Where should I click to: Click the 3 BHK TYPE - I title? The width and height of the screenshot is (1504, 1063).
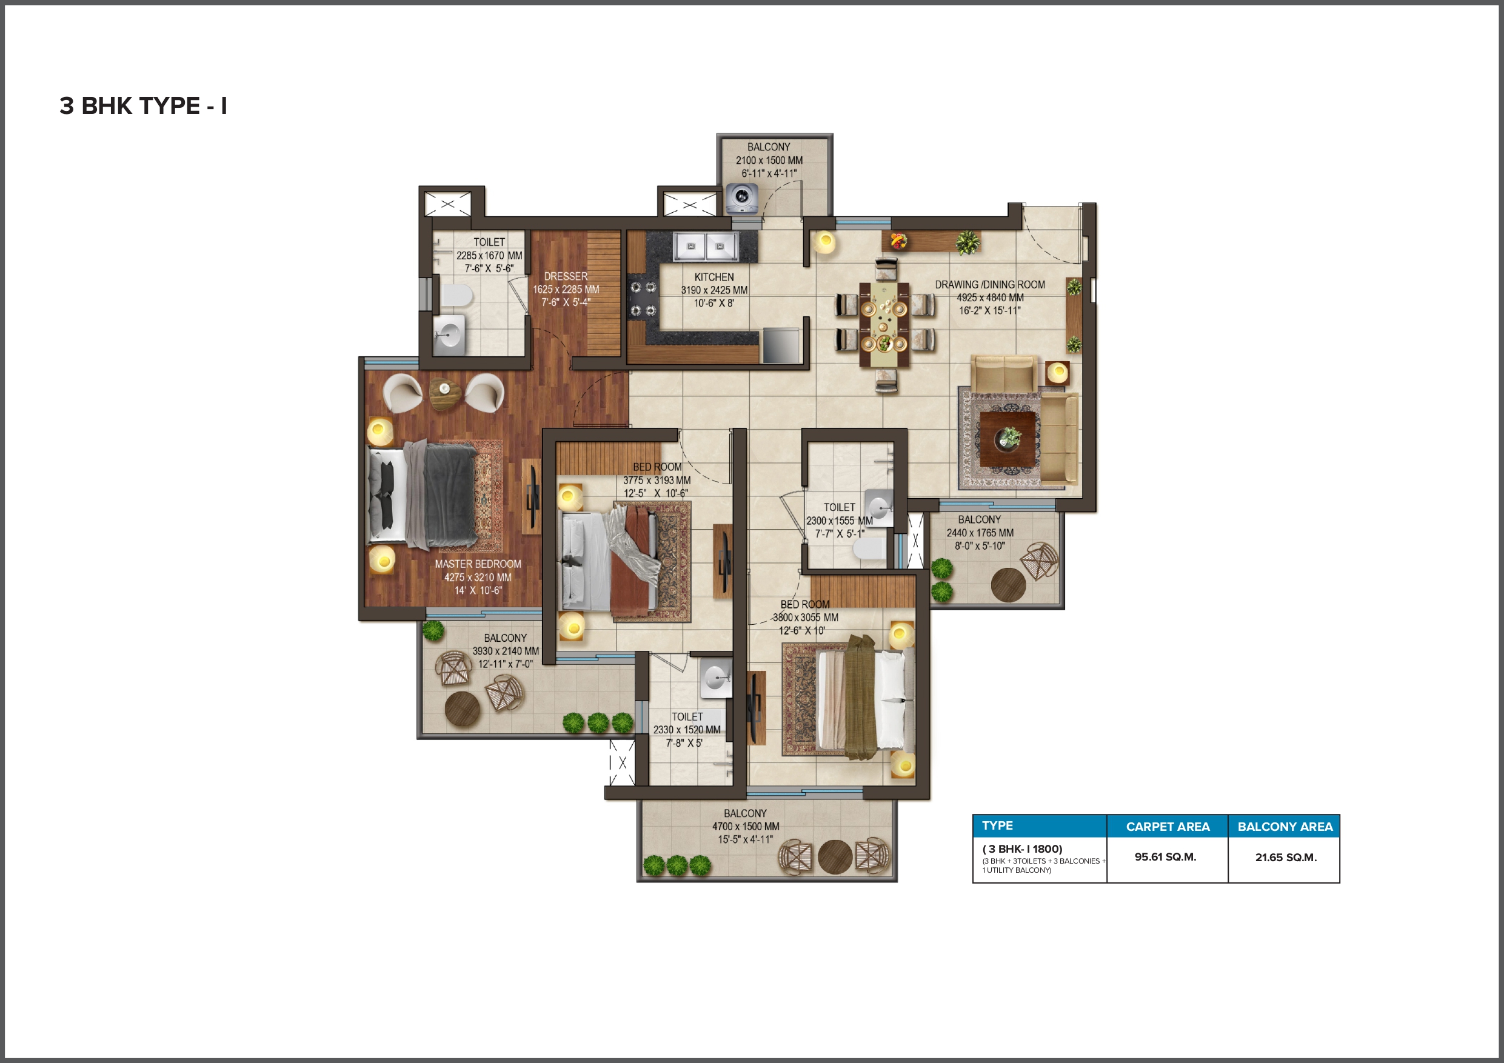tap(144, 105)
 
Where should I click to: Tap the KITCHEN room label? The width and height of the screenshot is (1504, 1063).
tap(714, 277)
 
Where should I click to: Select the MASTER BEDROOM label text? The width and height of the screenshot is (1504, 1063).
tap(478, 564)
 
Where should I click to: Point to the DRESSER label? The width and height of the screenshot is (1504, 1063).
tap(566, 276)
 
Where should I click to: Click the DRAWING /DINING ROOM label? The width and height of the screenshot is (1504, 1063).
tap(990, 284)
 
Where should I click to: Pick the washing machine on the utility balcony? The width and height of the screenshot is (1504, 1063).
tap(742, 198)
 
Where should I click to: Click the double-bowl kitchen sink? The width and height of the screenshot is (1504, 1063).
tap(706, 247)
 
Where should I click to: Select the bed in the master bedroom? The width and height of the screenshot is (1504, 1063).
tap(423, 495)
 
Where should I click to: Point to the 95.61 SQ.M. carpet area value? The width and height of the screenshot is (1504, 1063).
tap(1165, 857)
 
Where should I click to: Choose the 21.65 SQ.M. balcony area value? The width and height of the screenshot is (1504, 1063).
tap(1286, 858)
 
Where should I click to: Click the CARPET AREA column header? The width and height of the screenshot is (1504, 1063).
tap(1168, 827)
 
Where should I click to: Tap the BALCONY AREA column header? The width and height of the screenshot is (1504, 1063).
tap(1285, 827)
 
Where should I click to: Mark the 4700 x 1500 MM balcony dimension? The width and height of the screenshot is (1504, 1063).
tap(746, 827)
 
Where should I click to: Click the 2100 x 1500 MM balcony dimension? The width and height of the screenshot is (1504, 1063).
tap(769, 161)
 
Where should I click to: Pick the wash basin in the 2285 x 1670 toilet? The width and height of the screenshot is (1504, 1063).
tap(449, 335)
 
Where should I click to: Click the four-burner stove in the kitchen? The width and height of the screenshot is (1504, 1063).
tap(643, 299)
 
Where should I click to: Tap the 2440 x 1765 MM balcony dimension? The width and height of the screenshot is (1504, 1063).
tap(980, 533)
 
